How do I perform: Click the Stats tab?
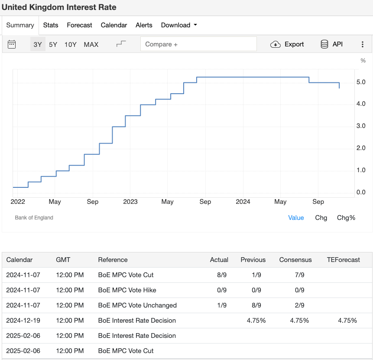[51, 25]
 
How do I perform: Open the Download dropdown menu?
[178, 25]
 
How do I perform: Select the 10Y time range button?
[70, 44]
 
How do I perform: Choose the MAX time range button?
[91, 44]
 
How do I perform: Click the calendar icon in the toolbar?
[12, 44]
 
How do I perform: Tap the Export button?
[287, 44]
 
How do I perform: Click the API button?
[331, 44]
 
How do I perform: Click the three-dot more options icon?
[362, 44]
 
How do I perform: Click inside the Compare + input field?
[198, 44]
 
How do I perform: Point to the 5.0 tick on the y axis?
[360, 82]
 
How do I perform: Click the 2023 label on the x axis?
[130, 202]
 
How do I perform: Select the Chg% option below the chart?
[346, 218]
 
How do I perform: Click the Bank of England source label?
[34, 218]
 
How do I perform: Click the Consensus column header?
[295, 260]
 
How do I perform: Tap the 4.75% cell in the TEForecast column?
[347, 321]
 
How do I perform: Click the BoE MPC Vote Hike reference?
[127, 290]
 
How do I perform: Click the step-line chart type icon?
[121, 44]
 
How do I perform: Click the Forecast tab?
[79, 25]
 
